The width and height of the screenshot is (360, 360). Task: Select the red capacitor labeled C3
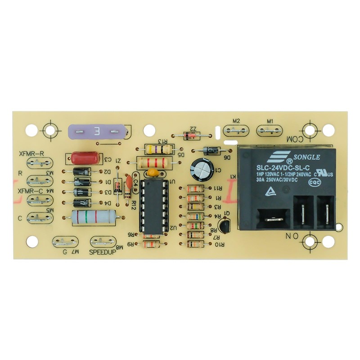(85, 158)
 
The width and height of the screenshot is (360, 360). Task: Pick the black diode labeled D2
(81, 171)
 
